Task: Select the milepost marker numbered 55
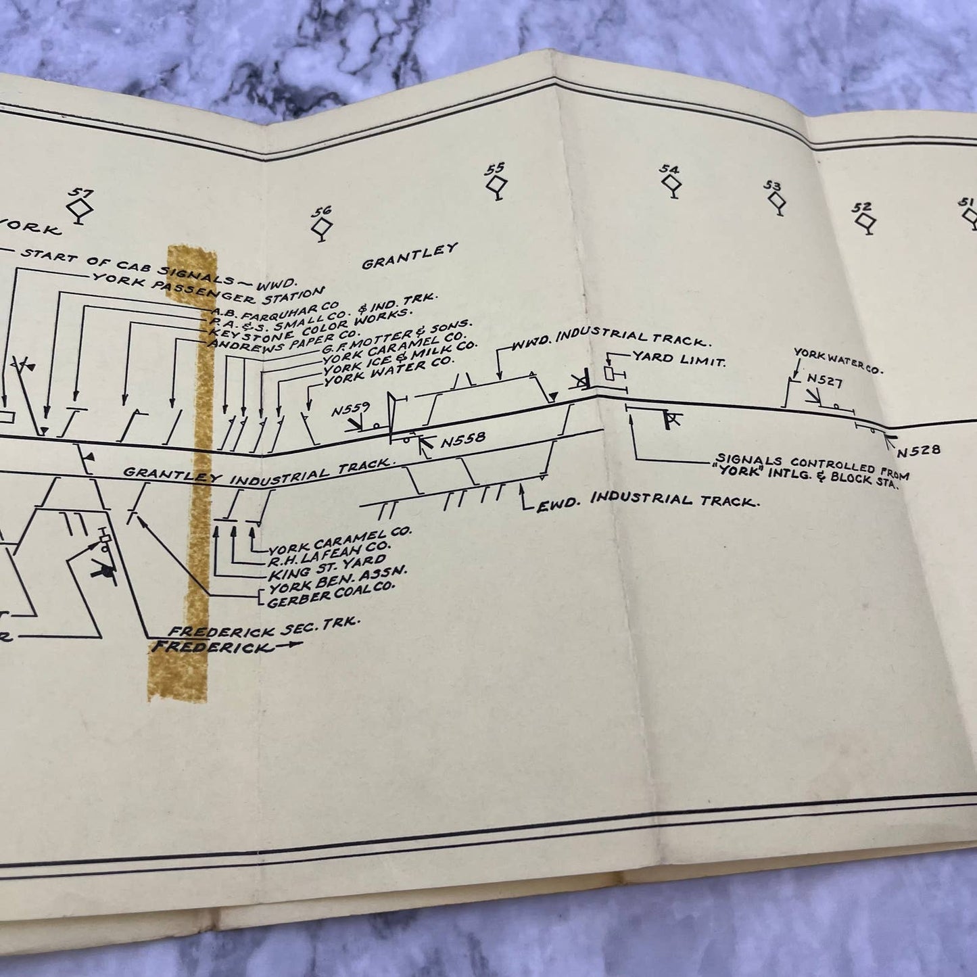point(497,181)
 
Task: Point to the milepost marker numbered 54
point(671,182)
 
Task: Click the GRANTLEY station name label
point(410,257)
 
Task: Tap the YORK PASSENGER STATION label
point(208,287)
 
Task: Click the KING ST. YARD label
point(326,565)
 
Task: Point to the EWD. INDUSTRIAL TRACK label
point(645,501)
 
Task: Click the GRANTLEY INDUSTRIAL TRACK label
point(257,471)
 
